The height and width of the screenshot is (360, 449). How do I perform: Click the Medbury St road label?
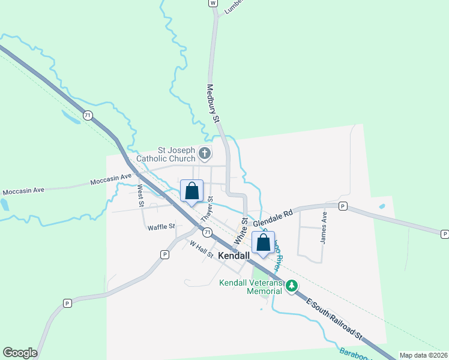click(213, 103)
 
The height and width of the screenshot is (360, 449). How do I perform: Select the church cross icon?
click(205, 154)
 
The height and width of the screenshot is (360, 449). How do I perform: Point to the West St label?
click(140, 196)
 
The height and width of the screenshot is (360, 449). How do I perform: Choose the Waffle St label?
click(161, 227)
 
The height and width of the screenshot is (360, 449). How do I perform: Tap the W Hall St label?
click(202, 250)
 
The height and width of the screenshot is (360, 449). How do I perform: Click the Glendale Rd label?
click(273, 218)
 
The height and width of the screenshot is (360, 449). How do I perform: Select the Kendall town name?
click(234, 256)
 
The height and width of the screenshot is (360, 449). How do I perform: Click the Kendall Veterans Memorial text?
click(250, 287)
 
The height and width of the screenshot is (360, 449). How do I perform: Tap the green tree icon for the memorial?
click(292, 286)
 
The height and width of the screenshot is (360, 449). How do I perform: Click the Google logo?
click(20, 353)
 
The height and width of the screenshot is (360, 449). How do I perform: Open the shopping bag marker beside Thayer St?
click(191, 192)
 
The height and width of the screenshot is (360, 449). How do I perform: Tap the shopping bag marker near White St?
click(263, 243)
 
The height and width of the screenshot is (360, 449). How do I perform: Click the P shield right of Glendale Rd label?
click(343, 206)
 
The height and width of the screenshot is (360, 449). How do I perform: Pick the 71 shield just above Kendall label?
click(207, 232)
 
